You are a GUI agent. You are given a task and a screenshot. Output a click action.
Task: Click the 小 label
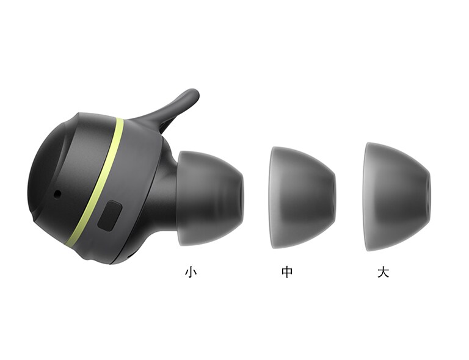point(191,272)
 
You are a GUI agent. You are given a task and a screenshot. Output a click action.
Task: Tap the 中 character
point(287,272)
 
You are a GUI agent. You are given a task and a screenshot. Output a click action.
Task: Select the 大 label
point(383,272)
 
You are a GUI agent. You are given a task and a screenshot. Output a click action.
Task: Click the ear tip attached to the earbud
point(211,198)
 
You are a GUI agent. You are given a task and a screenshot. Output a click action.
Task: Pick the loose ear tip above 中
point(303,198)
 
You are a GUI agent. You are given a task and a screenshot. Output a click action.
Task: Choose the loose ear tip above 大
point(398,197)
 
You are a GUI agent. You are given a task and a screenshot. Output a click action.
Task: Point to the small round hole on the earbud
point(57,195)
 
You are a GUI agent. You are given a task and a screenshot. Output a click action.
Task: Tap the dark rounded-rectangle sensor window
point(110,216)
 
